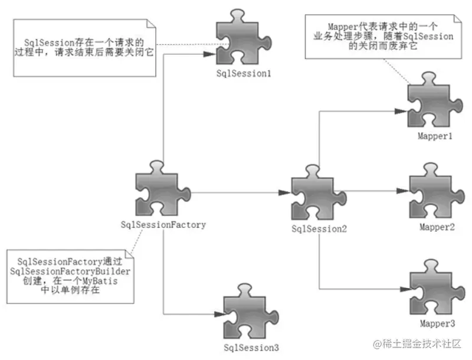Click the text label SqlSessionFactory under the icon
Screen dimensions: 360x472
(163, 224)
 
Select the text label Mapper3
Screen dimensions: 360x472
(437, 324)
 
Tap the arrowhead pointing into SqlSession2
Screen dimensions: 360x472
(284, 193)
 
